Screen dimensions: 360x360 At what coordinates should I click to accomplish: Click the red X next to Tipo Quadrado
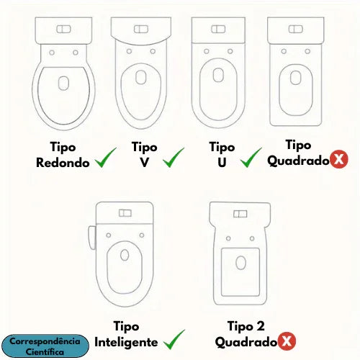click(339, 159)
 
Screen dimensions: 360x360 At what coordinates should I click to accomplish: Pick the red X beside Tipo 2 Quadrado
click(287, 341)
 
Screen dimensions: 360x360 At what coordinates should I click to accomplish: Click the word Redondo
click(63, 163)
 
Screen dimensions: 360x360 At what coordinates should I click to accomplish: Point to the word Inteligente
click(126, 342)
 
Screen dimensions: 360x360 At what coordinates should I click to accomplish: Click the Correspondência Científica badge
click(45, 346)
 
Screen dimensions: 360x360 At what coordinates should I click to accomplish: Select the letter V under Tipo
click(145, 163)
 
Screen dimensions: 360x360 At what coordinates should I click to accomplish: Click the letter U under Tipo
click(222, 163)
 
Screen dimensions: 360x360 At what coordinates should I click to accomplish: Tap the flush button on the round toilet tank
click(63, 30)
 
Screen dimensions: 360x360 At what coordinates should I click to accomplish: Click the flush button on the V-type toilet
click(141, 30)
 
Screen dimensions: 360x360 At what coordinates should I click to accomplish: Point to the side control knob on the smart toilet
click(92, 238)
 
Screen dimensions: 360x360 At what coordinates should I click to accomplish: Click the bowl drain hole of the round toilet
click(63, 84)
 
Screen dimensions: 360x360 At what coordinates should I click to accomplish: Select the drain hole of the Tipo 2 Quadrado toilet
click(240, 263)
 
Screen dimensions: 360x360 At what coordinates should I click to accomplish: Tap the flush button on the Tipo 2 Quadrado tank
click(240, 214)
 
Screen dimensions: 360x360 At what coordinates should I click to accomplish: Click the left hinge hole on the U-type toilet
click(207, 51)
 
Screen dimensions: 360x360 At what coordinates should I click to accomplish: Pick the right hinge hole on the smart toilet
click(142, 235)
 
